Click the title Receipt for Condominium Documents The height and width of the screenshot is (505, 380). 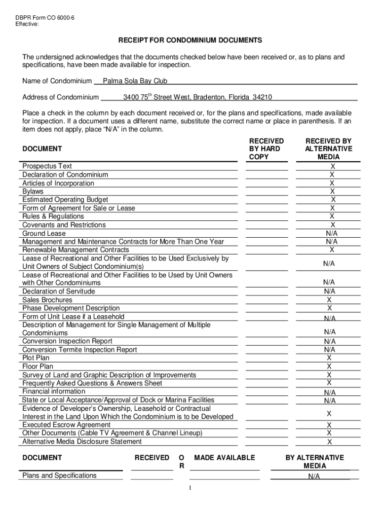click(x=190, y=40)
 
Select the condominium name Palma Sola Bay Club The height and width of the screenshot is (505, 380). click(x=135, y=81)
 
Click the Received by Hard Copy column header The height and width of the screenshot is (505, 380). click(x=266, y=149)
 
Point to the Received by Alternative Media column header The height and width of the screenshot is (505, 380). click(x=328, y=149)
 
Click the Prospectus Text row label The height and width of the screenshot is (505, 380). click(x=47, y=166)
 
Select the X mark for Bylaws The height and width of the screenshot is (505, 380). click(x=332, y=191)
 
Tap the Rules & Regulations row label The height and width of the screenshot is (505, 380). click(x=53, y=216)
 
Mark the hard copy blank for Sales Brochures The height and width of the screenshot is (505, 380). click(x=266, y=300)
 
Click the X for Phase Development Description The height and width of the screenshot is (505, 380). click(x=330, y=308)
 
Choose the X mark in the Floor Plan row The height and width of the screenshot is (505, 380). click(x=329, y=366)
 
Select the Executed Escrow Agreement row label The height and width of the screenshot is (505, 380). click(x=67, y=425)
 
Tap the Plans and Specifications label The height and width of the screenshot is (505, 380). click(x=60, y=475)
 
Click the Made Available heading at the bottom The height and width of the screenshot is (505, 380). click(x=225, y=458)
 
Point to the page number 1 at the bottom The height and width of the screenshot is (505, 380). click(x=190, y=488)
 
